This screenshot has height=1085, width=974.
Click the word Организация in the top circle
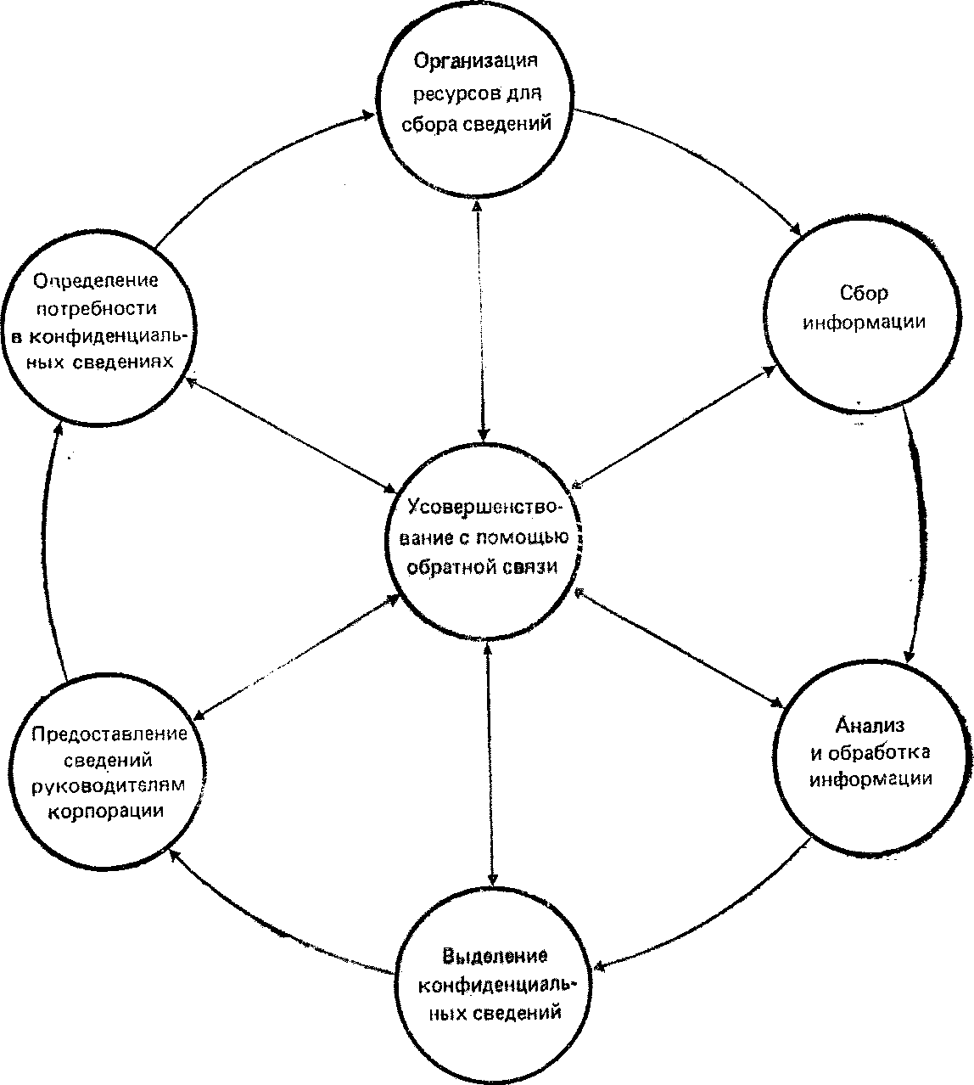tap(476, 62)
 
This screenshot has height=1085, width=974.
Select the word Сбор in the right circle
tap(864, 294)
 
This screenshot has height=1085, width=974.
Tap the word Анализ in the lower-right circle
tap(870, 725)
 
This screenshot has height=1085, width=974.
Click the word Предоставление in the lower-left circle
tap(109, 733)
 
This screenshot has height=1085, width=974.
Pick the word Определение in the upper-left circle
tap(96, 280)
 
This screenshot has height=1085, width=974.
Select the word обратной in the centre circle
tap(451, 568)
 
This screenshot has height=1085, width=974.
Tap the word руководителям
tap(107, 785)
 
